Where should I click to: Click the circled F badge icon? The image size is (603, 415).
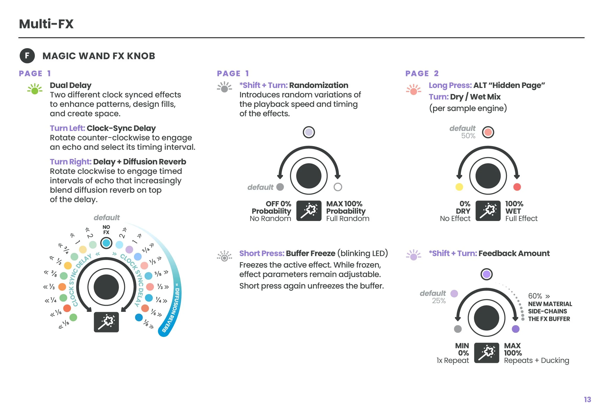tap(27, 56)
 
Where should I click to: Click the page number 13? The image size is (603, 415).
tap(587, 400)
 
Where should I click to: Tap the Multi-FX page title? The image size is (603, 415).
tap(46, 24)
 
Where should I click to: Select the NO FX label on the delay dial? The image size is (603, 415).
tap(106, 230)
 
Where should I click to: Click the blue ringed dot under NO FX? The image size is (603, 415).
tap(106, 243)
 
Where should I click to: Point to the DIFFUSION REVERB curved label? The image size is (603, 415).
tap(173, 309)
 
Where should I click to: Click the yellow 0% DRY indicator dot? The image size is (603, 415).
tap(459, 187)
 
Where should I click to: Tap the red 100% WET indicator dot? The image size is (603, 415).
tap(517, 187)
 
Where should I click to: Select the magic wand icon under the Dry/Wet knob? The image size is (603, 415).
tap(488, 211)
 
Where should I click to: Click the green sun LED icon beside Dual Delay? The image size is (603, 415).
tap(35, 89)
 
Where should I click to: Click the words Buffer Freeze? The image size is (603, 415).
tap(310, 253)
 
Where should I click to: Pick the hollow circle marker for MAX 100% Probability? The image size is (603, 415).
tap(338, 187)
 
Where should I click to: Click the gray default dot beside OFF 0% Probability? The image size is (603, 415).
tap(280, 187)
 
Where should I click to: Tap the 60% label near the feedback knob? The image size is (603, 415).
tap(535, 296)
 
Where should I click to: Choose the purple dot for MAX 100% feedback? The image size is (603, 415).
tap(516, 329)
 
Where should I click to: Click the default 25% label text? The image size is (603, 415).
tap(433, 297)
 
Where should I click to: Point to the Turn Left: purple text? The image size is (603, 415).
tap(68, 128)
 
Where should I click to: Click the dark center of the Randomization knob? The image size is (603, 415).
tap(309, 176)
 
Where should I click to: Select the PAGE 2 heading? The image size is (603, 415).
tap(422, 74)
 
